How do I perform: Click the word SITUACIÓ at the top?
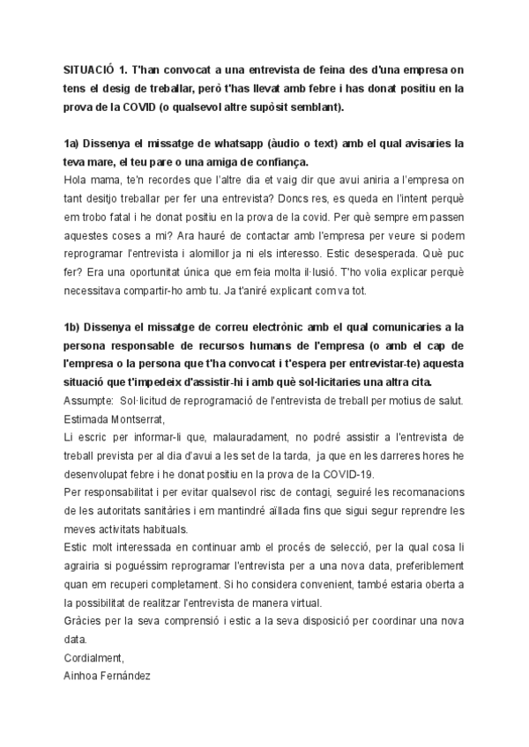[88, 70]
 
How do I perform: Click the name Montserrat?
[139, 419]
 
